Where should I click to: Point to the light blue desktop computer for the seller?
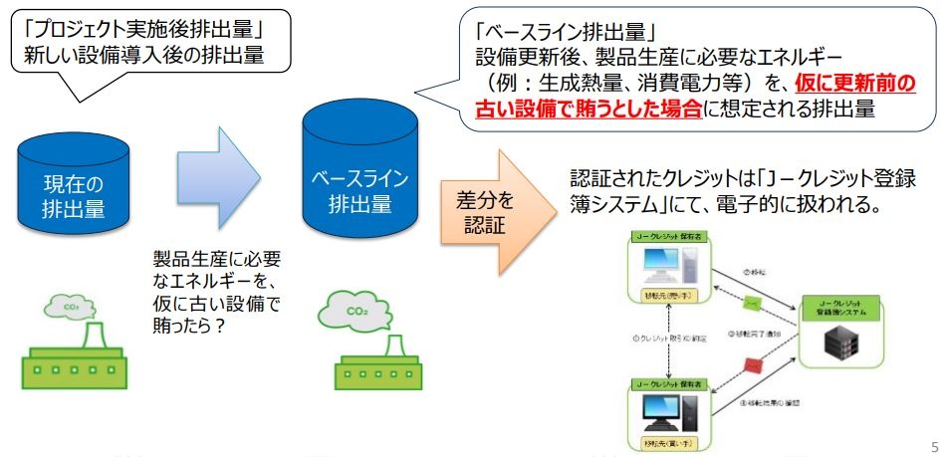click(x=661, y=266)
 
